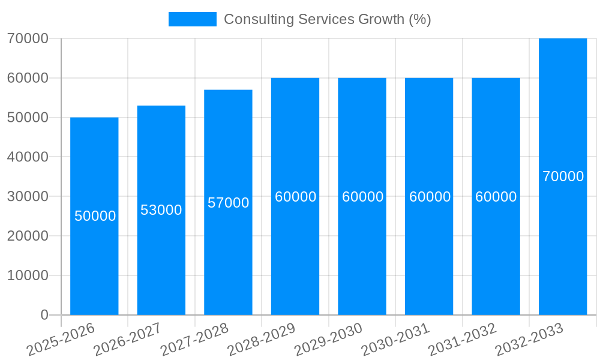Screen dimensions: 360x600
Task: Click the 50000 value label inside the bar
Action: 95,216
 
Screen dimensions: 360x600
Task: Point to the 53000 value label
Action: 161,210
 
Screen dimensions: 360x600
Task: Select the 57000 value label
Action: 229,203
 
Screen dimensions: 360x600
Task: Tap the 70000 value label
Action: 563,176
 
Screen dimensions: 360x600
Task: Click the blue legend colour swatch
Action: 192,19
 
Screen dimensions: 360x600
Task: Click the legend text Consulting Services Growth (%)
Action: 328,19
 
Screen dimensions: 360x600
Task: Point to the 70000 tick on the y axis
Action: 28,38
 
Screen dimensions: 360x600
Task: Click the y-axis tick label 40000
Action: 28,157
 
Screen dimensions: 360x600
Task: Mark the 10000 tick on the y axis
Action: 28,275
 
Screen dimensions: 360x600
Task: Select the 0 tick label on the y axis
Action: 44,315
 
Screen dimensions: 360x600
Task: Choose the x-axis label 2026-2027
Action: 127,340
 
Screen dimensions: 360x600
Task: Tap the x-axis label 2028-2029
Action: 261,340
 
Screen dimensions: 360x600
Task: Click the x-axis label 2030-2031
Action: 395,340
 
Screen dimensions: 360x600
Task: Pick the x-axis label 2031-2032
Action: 462,340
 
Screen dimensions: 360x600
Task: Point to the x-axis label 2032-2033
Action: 529,340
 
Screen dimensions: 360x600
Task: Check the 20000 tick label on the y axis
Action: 28,236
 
